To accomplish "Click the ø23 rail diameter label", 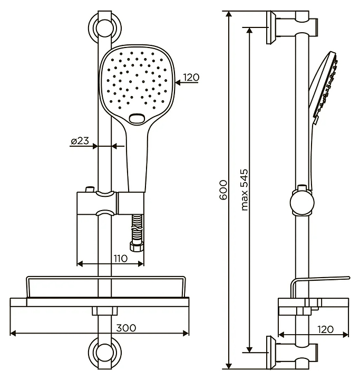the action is tap(80, 141).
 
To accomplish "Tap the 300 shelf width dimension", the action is tap(126, 328).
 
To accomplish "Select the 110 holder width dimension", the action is tap(121, 258).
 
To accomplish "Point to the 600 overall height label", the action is tap(223, 190).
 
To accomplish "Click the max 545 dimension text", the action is tap(245, 190).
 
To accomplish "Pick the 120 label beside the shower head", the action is tap(191, 77).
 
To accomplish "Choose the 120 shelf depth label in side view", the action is tap(325, 329).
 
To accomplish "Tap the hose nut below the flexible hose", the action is tap(137, 248).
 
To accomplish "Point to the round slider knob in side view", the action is tap(301, 202).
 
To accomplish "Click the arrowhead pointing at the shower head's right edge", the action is tap(178, 83).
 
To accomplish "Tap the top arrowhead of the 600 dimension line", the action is tap(228, 14).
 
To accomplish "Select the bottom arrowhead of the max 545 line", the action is tap(250, 349).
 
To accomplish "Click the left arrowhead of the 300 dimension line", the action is tap(13, 333).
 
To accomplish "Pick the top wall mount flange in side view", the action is tap(271, 27).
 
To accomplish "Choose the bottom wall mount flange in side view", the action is tap(271, 353).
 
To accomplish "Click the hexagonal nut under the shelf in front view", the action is tap(104, 311).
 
